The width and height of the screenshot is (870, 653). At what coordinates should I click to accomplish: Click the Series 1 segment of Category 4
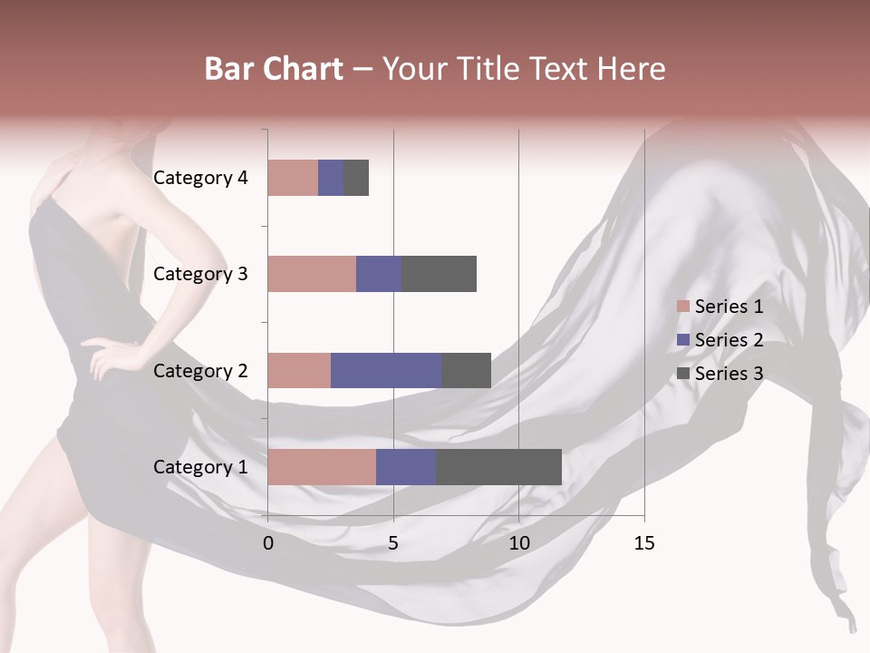pos(293,178)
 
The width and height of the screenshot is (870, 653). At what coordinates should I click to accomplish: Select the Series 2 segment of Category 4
pos(331,178)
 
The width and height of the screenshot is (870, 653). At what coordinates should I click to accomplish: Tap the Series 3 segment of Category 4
pos(356,178)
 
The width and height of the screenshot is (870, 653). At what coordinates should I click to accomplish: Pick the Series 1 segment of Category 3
pos(312,274)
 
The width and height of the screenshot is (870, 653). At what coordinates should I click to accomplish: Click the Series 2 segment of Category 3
pos(379,274)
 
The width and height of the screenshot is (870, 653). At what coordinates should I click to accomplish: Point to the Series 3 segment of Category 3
pos(440,274)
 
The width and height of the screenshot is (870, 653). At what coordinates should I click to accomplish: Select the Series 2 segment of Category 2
pos(386,370)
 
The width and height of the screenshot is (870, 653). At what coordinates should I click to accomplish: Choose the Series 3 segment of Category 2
pos(466,370)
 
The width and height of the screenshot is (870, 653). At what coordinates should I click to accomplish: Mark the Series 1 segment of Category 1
pos(322,467)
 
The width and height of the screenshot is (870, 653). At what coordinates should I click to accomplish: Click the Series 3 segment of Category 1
pos(499,467)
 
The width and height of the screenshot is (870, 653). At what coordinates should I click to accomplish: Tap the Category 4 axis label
pos(200,178)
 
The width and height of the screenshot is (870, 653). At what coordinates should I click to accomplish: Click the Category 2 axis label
pos(200,371)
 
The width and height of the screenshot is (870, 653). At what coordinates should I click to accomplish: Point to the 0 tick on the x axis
pos(268,543)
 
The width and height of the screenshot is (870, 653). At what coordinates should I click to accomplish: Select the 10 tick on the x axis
pos(518,543)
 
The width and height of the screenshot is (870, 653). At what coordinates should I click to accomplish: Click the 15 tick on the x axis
pos(643,543)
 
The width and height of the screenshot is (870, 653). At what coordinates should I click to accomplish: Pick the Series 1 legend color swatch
pos(682,307)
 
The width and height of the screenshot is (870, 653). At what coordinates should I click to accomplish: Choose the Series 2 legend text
pos(729,340)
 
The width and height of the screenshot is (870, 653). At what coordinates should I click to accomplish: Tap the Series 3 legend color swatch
pos(682,374)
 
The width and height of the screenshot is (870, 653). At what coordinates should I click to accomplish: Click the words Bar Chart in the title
pos(274,69)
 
